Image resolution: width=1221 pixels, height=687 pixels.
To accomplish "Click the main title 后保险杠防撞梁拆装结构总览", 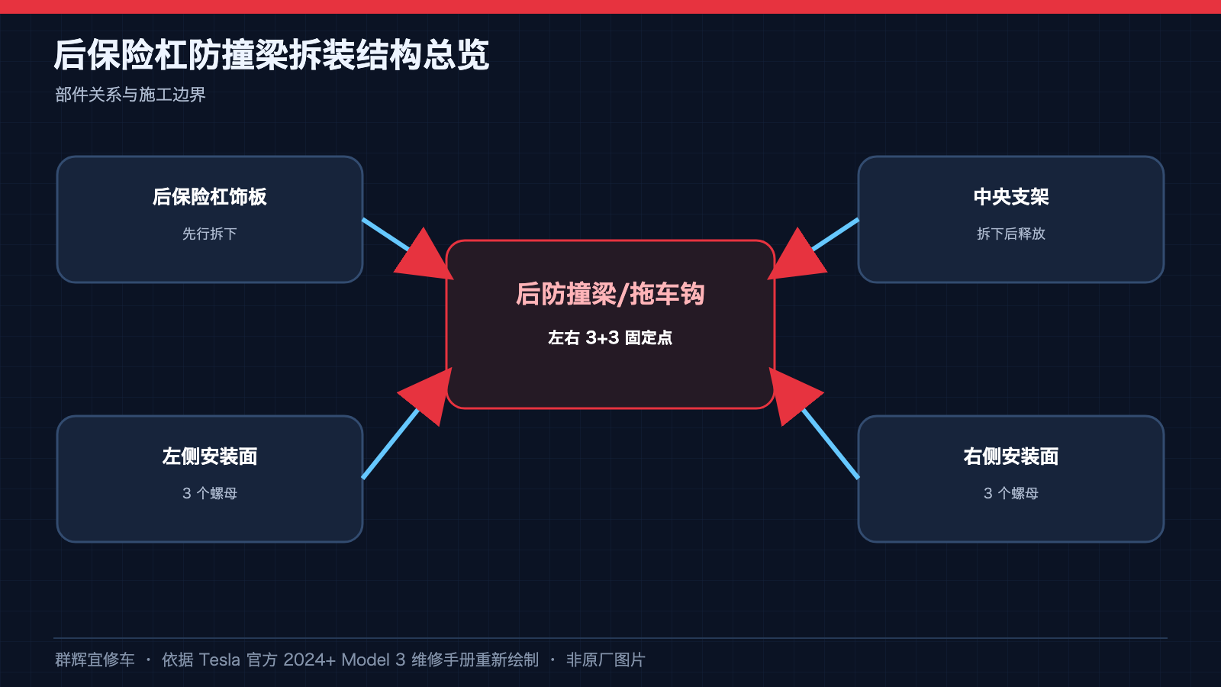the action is (272, 54).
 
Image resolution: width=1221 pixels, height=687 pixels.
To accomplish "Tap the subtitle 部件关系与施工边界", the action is (130, 95).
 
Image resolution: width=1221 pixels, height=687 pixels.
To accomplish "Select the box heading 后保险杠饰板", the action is (209, 197).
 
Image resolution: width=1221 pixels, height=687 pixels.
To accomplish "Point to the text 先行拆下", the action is (209, 234).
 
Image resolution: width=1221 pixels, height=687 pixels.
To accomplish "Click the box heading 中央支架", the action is (1011, 197).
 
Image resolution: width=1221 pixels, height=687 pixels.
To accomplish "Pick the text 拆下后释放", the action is (1011, 234).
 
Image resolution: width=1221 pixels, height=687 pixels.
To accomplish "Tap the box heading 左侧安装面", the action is (209, 456).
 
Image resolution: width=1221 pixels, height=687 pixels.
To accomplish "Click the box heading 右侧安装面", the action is (1011, 456).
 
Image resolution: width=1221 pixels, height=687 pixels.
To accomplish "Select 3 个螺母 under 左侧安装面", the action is (209, 493).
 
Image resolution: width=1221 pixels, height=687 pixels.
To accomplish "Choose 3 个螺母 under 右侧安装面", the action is (1011, 493).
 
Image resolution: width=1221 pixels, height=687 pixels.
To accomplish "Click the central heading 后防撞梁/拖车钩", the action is (610, 295).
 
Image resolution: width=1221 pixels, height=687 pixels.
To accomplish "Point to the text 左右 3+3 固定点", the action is (610, 338).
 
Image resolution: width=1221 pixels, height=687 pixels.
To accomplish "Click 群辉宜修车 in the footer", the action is (95, 660).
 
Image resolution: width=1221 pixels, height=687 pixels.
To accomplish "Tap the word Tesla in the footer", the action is (219, 660).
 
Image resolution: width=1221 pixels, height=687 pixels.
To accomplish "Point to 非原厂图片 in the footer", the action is (606, 660).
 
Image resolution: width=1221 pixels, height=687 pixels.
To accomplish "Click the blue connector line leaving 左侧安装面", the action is (391, 443).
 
